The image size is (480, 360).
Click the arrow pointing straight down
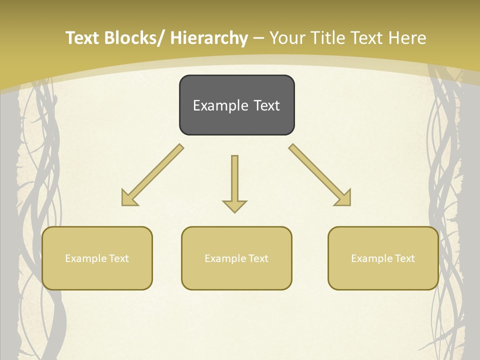(x=234, y=182)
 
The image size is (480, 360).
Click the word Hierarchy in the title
(x=209, y=38)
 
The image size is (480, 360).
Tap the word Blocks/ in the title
(x=133, y=38)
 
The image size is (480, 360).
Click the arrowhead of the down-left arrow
(x=129, y=198)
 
